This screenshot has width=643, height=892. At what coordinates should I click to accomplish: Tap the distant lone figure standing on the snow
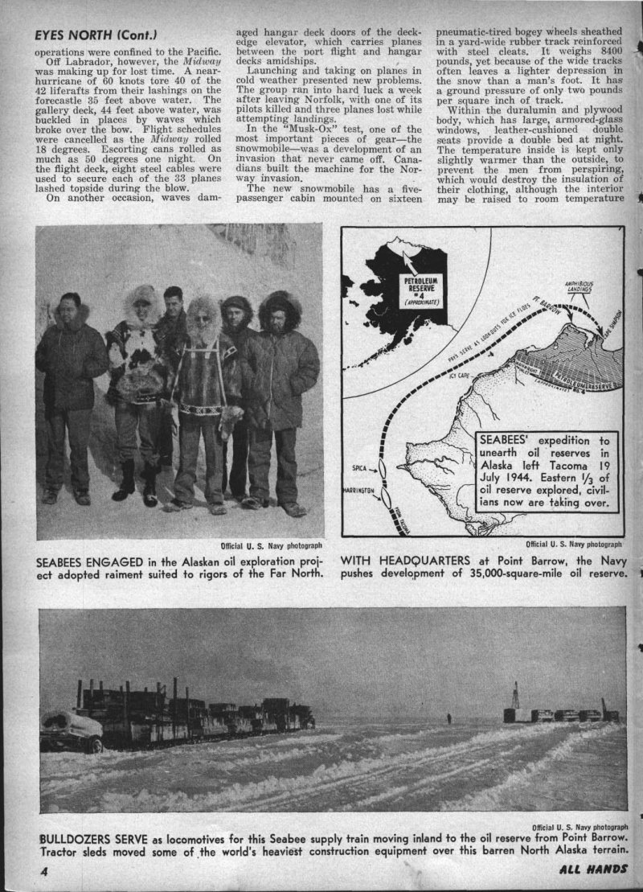[447, 715]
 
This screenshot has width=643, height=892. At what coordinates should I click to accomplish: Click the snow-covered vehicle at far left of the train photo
[71, 730]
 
